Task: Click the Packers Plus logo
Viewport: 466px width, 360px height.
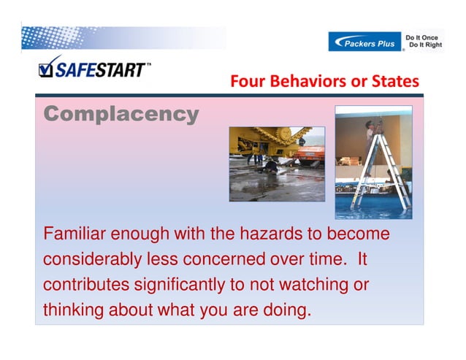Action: (365, 42)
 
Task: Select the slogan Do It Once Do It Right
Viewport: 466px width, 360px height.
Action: (424, 41)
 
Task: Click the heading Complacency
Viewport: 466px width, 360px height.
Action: (121, 114)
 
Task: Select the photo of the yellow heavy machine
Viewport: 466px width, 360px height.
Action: (276, 163)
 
